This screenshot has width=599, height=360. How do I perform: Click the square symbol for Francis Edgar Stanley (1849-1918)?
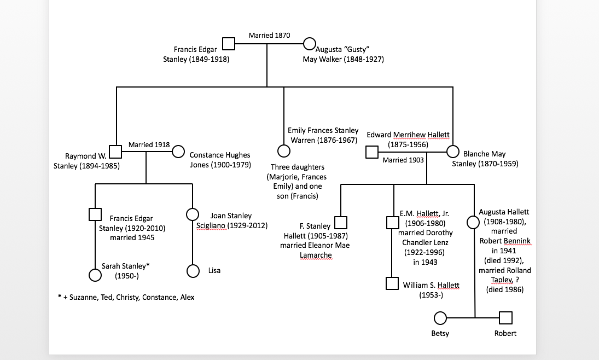tap(228, 43)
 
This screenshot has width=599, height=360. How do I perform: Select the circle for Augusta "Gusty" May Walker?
tap(309, 43)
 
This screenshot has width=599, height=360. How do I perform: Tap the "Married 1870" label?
tap(269, 36)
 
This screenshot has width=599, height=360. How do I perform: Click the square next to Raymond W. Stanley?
tap(115, 152)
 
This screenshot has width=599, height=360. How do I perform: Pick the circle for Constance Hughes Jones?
tap(178, 152)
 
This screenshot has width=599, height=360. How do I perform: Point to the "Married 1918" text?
tap(149, 145)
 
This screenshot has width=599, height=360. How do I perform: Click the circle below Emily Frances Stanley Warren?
tap(283, 151)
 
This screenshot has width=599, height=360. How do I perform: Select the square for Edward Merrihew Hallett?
tap(372, 152)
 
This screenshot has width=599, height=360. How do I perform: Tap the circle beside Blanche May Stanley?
tap(453, 152)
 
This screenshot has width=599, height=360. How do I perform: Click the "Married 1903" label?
tap(403, 160)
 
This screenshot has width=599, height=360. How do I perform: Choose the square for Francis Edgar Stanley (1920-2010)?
tap(95, 214)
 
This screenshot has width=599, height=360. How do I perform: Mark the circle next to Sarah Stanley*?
tap(95, 274)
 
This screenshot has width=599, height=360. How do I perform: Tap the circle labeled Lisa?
tap(192, 271)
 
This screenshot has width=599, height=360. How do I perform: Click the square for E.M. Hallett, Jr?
tap(392, 223)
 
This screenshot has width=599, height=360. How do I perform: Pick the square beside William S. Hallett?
tap(392, 283)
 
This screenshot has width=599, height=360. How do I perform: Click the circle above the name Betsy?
tap(440, 318)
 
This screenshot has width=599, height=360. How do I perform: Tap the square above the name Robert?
tap(505, 318)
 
